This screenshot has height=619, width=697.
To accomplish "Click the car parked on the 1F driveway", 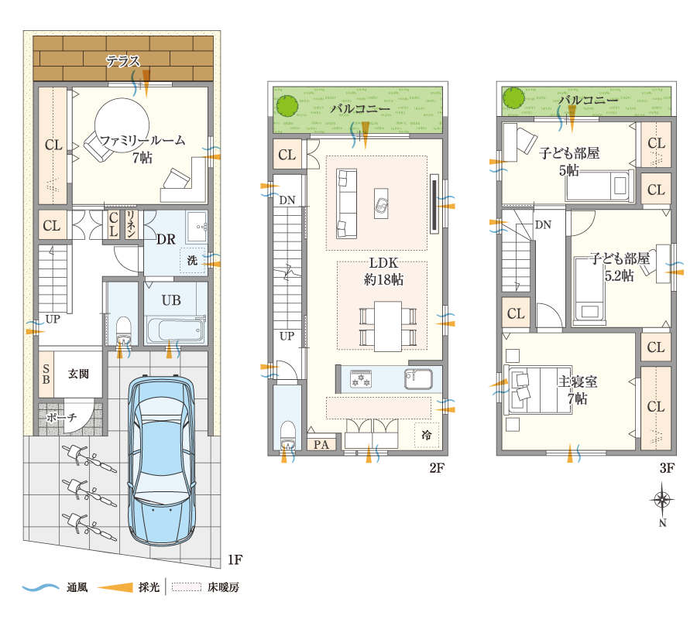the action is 161,460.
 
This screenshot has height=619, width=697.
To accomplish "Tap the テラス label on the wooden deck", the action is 122,61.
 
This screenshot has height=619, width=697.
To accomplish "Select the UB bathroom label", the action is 171,300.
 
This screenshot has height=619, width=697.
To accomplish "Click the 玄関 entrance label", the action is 78,374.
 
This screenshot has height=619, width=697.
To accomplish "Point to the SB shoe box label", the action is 46,374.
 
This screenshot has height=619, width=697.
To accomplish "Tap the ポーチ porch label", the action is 61,418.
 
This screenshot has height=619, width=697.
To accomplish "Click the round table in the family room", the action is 122,125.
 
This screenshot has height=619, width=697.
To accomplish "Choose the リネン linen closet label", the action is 131,224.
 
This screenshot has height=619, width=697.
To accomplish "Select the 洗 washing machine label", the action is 192,260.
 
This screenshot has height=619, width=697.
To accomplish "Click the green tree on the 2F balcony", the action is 287,106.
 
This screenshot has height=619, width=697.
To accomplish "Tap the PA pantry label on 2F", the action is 321,444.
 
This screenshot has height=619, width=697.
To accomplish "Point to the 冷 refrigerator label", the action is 426,435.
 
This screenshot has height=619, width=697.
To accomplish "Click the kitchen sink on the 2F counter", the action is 418,379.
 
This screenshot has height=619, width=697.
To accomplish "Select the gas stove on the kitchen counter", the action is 360,379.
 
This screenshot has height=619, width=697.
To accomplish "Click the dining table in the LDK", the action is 388,327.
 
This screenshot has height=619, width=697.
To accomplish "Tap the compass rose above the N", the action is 662,500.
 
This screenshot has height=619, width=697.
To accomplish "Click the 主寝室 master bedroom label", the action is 578,381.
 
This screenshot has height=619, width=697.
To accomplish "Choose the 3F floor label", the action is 667,467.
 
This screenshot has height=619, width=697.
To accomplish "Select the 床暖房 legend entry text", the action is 223,587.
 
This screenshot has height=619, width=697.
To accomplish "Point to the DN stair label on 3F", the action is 543,224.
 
